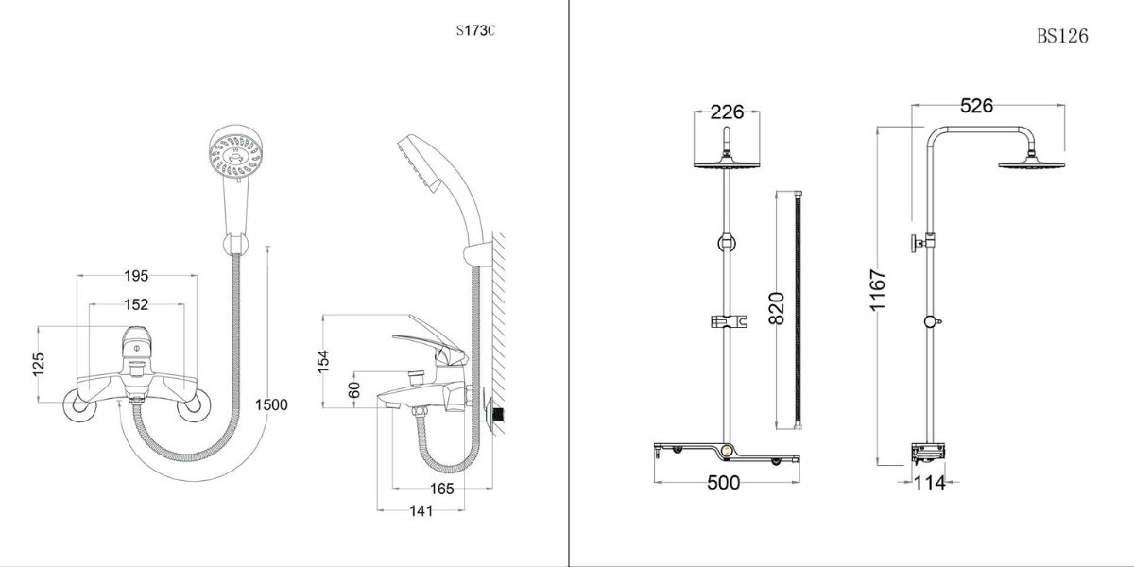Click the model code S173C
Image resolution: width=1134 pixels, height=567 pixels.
tap(474, 30)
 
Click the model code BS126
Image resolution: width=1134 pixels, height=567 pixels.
tap(1062, 36)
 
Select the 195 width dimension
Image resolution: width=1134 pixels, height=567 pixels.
tap(137, 276)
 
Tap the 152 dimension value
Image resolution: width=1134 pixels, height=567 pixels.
tap(137, 304)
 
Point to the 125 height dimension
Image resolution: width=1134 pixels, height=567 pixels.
tap(39, 365)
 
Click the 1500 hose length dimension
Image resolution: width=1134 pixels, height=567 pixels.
tap(271, 404)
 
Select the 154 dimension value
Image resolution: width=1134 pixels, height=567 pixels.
tap(323, 360)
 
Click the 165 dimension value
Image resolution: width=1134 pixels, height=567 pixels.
tap(439, 489)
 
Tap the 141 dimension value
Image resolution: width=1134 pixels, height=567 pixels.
tap(421, 511)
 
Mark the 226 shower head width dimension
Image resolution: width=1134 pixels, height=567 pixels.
tap(727, 112)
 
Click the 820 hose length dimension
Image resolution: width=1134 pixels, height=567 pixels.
tap(777, 308)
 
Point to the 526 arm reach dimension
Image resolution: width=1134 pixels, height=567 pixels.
tap(976, 106)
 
